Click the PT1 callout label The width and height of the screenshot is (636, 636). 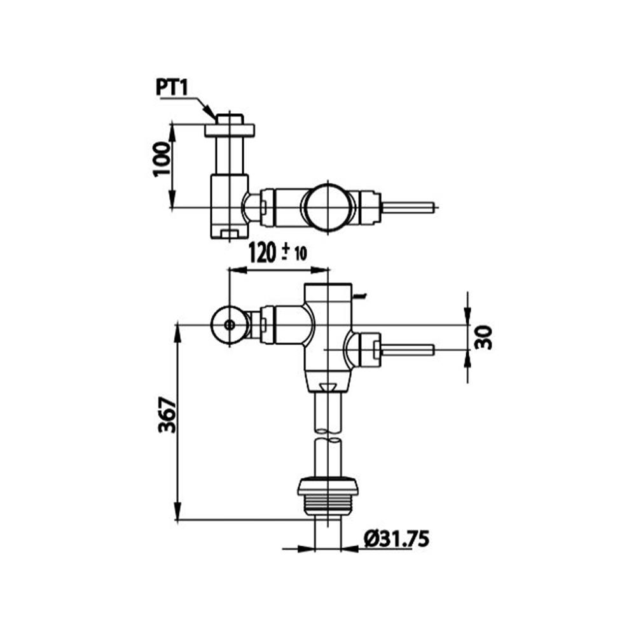[x=172, y=88]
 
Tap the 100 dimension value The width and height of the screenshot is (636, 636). [x=162, y=158]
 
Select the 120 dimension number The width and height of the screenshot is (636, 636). [x=261, y=252]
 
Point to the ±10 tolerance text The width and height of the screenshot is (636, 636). [x=294, y=253]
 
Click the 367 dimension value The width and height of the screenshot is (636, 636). [x=167, y=415]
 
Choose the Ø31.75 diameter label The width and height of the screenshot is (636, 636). [x=397, y=539]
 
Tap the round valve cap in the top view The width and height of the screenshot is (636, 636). [x=329, y=207]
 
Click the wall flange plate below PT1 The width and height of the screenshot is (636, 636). [x=229, y=130]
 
